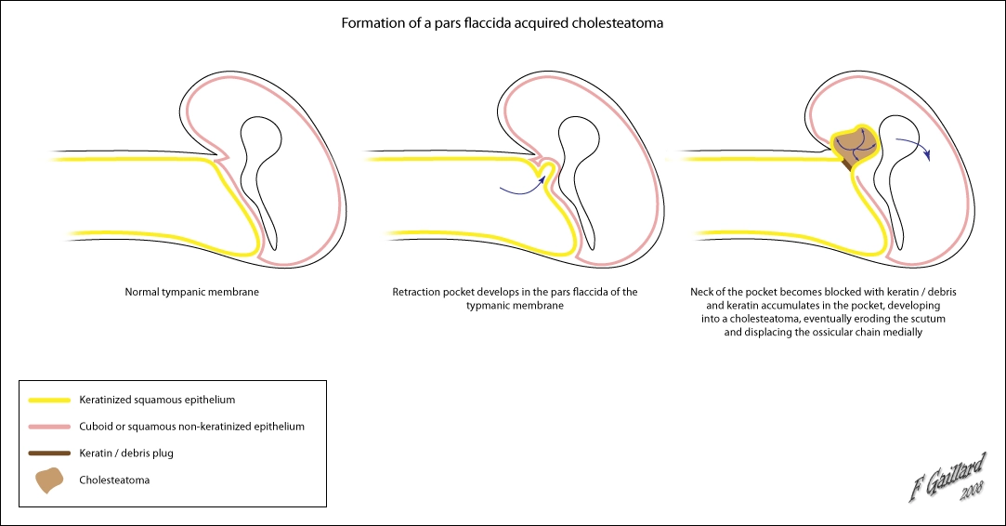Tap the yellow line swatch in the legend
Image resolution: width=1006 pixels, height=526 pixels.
50,401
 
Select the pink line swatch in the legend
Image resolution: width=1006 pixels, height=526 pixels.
50,427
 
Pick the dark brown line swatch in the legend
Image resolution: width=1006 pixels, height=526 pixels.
50,454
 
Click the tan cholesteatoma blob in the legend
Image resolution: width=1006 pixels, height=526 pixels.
50,480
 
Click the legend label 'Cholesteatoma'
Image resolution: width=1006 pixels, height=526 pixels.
115,480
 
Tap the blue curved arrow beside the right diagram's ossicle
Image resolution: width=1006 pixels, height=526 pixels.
915,149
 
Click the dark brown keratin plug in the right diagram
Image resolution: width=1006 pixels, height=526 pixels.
847,166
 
